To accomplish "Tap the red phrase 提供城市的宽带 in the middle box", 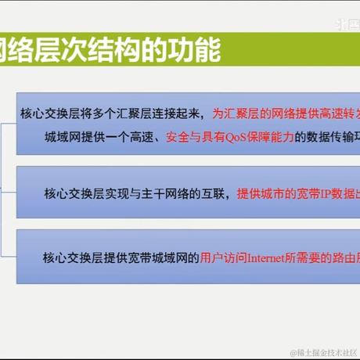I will [270, 192].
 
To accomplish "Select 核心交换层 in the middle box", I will [74, 192].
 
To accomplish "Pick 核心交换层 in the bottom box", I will [74, 256].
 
